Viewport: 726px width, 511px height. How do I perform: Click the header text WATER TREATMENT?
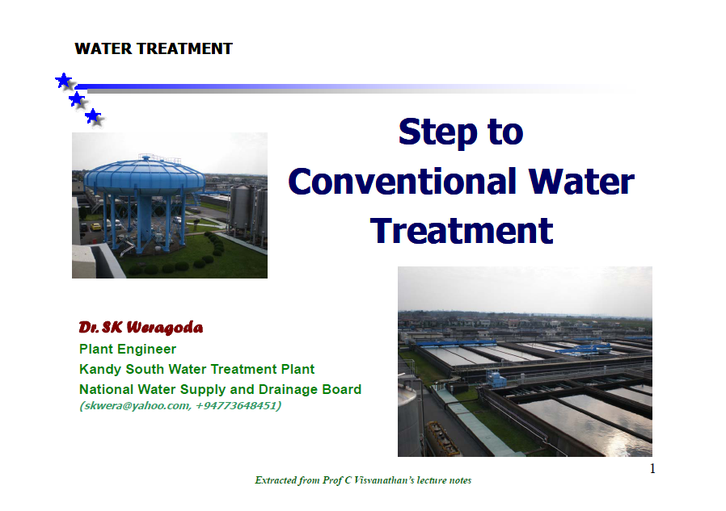[x=154, y=48]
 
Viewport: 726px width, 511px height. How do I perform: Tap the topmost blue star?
[x=64, y=81]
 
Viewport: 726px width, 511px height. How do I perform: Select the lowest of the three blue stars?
[x=93, y=116]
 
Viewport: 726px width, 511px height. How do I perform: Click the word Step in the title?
[x=437, y=132]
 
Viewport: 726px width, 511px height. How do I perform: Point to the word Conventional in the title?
[x=402, y=182]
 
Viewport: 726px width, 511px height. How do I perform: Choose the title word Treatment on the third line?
[x=461, y=230]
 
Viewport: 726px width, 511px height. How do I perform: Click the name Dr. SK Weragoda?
[x=141, y=328]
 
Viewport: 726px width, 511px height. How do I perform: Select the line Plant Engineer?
[x=127, y=349]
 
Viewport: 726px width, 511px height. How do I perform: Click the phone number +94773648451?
[x=236, y=405]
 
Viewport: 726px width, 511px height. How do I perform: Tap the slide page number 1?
[x=652, y=468]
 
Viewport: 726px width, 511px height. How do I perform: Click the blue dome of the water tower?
[x=145, y=176]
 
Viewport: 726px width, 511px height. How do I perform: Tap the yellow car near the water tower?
[x=96, y=227]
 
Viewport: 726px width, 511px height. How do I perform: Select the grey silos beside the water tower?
[x=249, y=213]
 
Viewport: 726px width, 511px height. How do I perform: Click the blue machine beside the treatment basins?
[x=496, y=379]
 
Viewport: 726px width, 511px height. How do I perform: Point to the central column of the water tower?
[x=145, y=220]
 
